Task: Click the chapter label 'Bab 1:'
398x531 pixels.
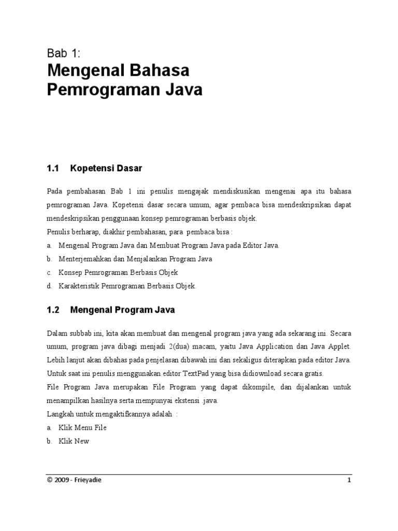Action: (x=63, y=52)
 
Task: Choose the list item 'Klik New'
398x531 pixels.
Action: (x=74, y=441)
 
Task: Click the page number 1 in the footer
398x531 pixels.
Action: (x=349, y=480)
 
